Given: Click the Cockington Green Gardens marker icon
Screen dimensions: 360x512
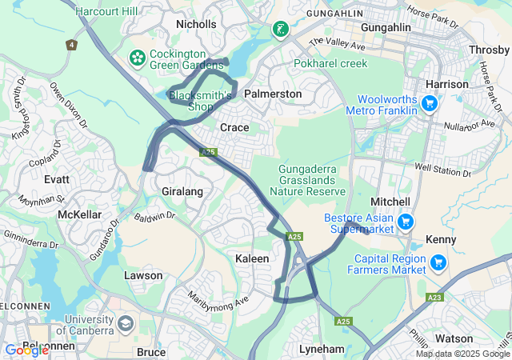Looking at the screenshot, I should coord(137,58).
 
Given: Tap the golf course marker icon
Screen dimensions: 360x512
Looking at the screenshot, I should coord(280,30).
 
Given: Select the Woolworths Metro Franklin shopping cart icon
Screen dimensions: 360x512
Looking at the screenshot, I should coord(430,103).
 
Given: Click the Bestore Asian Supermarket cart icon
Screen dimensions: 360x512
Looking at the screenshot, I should coord(406,221).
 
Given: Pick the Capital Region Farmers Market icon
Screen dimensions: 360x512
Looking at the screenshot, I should coord(438,262).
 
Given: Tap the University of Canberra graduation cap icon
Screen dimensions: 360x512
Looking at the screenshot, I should coord(125,323).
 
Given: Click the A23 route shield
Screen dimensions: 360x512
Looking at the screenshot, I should coord(434,297).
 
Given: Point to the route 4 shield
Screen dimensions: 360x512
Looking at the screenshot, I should coord(72,45).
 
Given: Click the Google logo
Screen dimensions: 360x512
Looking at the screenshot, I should coord(26,350).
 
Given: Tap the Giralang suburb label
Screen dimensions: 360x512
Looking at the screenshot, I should coord(182,192).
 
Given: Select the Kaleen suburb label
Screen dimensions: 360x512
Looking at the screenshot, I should coord(252,258).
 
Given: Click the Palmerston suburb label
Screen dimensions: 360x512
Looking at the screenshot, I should coord(273,94).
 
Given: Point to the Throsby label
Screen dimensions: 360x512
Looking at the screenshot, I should coord(490,49).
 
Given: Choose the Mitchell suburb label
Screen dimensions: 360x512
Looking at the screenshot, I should coord(390,202).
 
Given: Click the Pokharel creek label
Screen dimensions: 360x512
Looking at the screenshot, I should coord(330,63).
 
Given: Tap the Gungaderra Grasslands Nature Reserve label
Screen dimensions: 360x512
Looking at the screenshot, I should coord(307,180).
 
